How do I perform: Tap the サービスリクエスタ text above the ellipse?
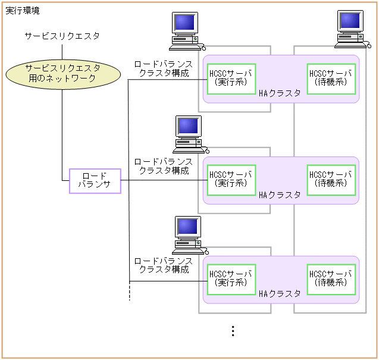(62, 36)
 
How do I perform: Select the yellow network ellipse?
(62, 74)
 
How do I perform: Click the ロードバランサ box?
(95, 181)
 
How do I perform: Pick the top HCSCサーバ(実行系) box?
(231, 79)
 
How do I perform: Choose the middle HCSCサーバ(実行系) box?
(231, 180)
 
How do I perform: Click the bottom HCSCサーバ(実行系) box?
(231, 279)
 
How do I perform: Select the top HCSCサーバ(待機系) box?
(331, 79)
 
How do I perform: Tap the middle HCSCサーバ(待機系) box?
(331, 180)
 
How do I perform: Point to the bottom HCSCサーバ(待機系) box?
(331, 279)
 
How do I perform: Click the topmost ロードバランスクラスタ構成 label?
(163, 68)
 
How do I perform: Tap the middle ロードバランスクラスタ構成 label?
(163, 166)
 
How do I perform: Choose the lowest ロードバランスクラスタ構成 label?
(163, 265)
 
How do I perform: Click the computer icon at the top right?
(350, 29)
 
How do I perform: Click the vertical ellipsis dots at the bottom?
(233, 331)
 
